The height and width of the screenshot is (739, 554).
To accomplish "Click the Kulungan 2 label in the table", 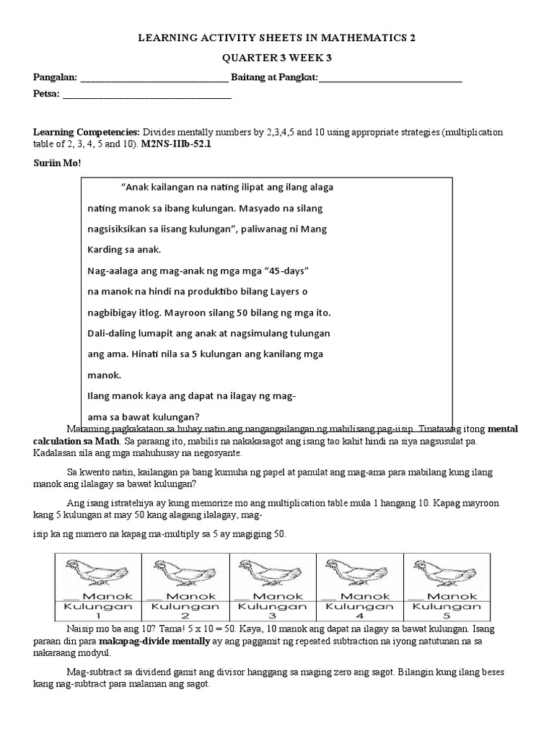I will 185,612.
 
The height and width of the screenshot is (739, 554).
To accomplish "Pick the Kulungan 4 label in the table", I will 360,612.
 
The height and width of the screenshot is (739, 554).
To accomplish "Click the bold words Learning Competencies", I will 87,133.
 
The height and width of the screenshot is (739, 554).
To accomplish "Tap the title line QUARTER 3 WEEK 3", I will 277,59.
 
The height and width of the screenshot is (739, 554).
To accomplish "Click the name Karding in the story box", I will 107,250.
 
